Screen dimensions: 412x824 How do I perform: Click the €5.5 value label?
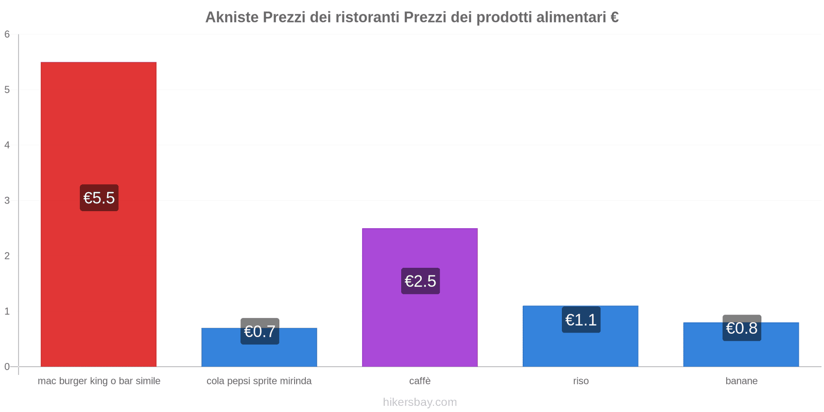[x=99, y=198]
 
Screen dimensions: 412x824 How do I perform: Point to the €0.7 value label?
[x=260, y=331]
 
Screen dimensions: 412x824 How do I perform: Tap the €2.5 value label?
[x=420, y=281]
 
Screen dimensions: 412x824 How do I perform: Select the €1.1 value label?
[x=581, y=320]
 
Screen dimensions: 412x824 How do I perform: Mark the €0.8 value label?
[x=742, y=328]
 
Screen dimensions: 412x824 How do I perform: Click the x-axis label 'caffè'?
[x=420, y=381]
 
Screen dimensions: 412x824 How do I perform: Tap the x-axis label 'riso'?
[x=580, y=381]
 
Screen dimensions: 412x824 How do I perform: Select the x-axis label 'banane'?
[x=741, y=381]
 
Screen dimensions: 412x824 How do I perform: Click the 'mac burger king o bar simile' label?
[x=99, y=381]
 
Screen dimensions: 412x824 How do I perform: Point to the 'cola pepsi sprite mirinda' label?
[x=259, y=381]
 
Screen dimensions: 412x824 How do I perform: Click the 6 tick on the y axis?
[x=7, y=35]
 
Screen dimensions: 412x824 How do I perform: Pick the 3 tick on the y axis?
[x=7, y=200]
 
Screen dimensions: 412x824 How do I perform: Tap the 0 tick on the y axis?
[x=7, y=367]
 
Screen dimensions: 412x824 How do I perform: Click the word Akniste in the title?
[x=232, y=18]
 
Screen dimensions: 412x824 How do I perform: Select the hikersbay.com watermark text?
[x=420, y=402]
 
